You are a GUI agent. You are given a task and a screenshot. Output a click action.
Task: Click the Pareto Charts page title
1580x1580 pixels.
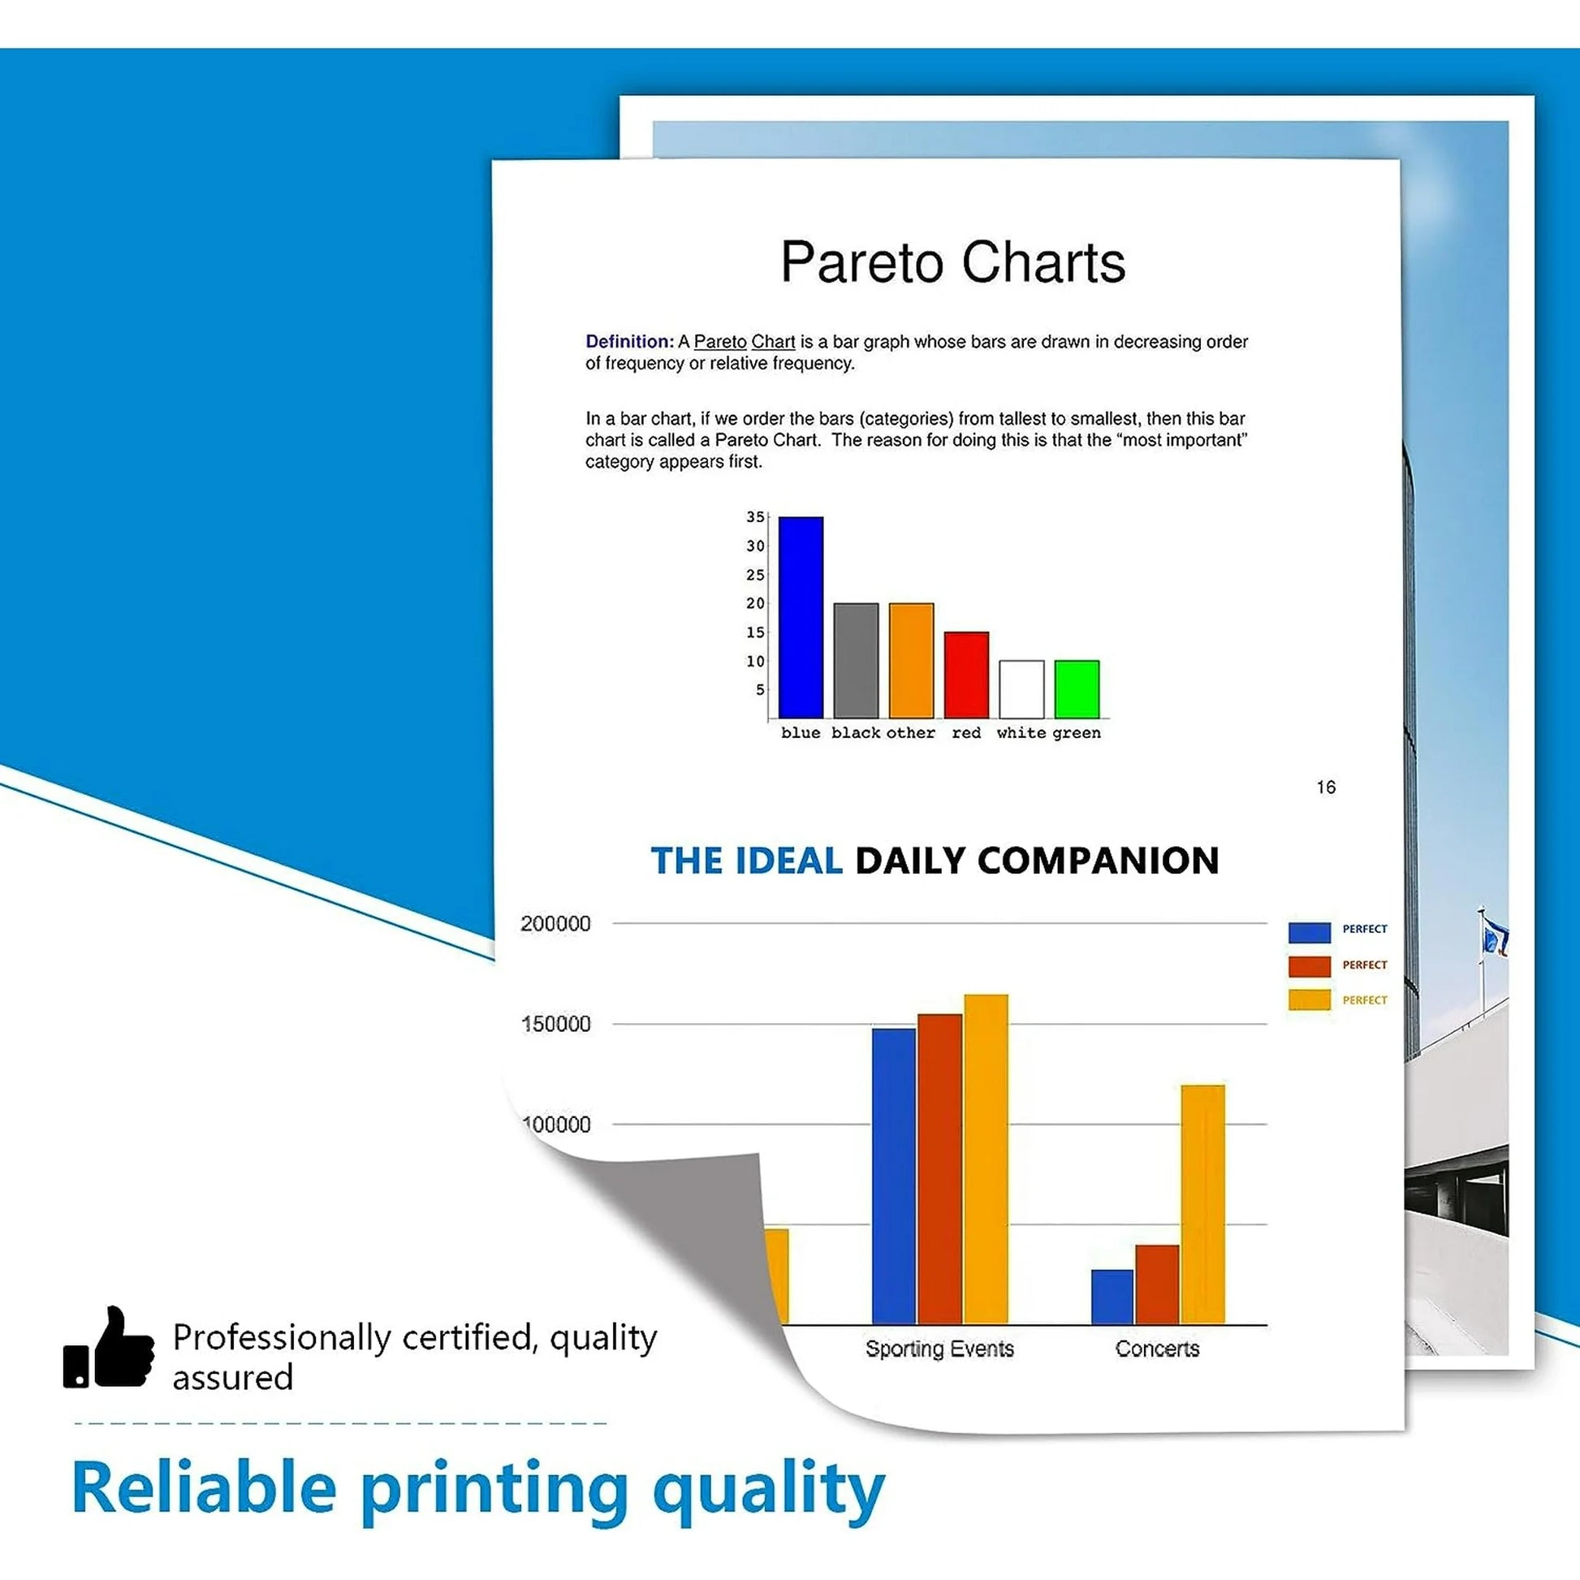(952, 262)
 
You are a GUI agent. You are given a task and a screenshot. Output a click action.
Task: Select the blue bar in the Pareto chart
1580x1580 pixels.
(801, 617)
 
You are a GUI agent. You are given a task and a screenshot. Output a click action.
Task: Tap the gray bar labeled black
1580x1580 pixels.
(857, 661)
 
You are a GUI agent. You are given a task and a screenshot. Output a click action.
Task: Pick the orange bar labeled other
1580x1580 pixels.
(911, 661)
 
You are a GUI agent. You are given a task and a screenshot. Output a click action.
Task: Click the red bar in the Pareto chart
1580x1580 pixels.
(967, 675)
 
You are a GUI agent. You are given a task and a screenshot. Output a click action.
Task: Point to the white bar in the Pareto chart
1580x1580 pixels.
(1021, 689)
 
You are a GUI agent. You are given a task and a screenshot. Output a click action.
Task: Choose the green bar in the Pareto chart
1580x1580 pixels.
(1077, 689)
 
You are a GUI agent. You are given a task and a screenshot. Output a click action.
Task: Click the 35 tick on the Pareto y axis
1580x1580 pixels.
(755, 517)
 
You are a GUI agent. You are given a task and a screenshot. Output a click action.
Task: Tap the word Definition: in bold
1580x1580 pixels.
(629, 342)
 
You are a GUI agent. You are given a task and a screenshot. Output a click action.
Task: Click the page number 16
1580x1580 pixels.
(1326, 787)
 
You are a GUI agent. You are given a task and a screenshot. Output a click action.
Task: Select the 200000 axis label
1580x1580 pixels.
(555, 923)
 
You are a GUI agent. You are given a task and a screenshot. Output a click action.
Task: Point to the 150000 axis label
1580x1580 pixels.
(555, 1024)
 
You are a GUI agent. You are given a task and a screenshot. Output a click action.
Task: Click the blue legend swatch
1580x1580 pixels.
(1310, 932)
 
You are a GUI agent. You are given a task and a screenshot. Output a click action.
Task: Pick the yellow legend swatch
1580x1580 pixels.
(1310, 999)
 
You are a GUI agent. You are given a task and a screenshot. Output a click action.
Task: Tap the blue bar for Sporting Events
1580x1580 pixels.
(894, 1176)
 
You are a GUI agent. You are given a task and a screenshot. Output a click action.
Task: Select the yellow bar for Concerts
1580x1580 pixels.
(1203, 1205)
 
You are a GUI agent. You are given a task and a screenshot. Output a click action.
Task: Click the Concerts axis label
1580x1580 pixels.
(1157, 1349)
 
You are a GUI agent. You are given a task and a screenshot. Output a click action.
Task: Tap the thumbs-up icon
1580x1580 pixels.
(109, 1347)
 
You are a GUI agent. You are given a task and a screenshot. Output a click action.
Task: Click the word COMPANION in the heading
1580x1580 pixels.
(1099, 861)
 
